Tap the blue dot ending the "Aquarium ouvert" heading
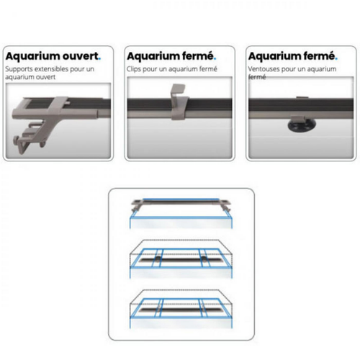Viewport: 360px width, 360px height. pyautogui.click(x=100, y=58)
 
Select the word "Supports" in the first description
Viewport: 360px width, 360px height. pyautogui.click(x=17, y=70)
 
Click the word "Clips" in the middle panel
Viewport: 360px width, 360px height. pyautogui.click(x=134, y=70)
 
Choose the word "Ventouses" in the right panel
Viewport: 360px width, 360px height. pyautogui.click(x=262, y=70)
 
